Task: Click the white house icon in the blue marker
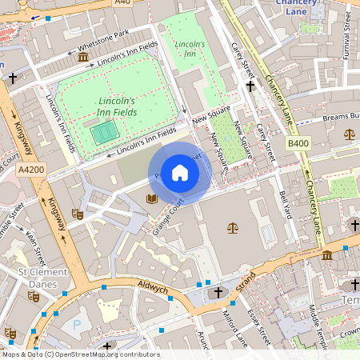coord(180,173)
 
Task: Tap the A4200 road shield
coord(32,170)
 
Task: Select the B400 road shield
coord(298,142)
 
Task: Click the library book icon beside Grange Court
coord(151,198)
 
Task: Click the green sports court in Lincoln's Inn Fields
coord(101,134)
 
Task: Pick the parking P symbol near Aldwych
coord(76,325)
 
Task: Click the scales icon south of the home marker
coord(233,228)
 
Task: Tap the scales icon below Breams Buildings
coord(349,134)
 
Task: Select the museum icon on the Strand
coord(328,255)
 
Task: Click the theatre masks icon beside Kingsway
coord(78,214)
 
